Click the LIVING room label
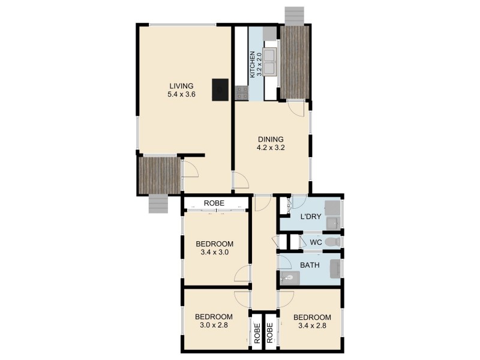(181, 86)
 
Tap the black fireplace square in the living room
(220, 89)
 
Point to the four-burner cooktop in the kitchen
(242, 92)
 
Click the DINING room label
(270, 139)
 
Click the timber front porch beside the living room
(159, 175)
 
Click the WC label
(316, 242)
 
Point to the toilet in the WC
(334, 242)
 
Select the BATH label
(310, 265)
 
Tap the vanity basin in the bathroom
(290, 278)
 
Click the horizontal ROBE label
(214, 203)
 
